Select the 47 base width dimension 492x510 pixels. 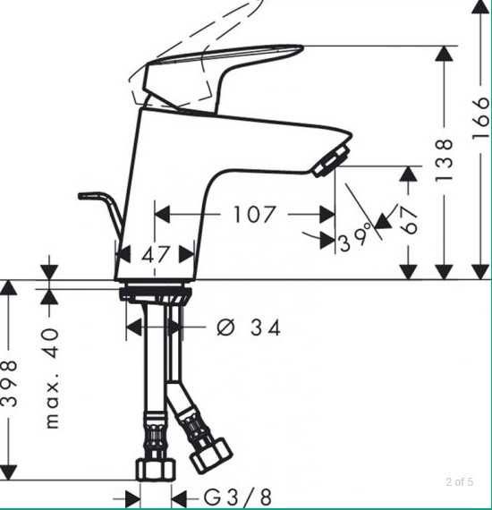[156, 255]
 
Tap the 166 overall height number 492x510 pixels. [480, 114]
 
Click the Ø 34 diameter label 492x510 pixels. [249, 328]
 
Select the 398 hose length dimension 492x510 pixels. [10, 383]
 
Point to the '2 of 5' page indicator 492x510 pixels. [459, 483]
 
